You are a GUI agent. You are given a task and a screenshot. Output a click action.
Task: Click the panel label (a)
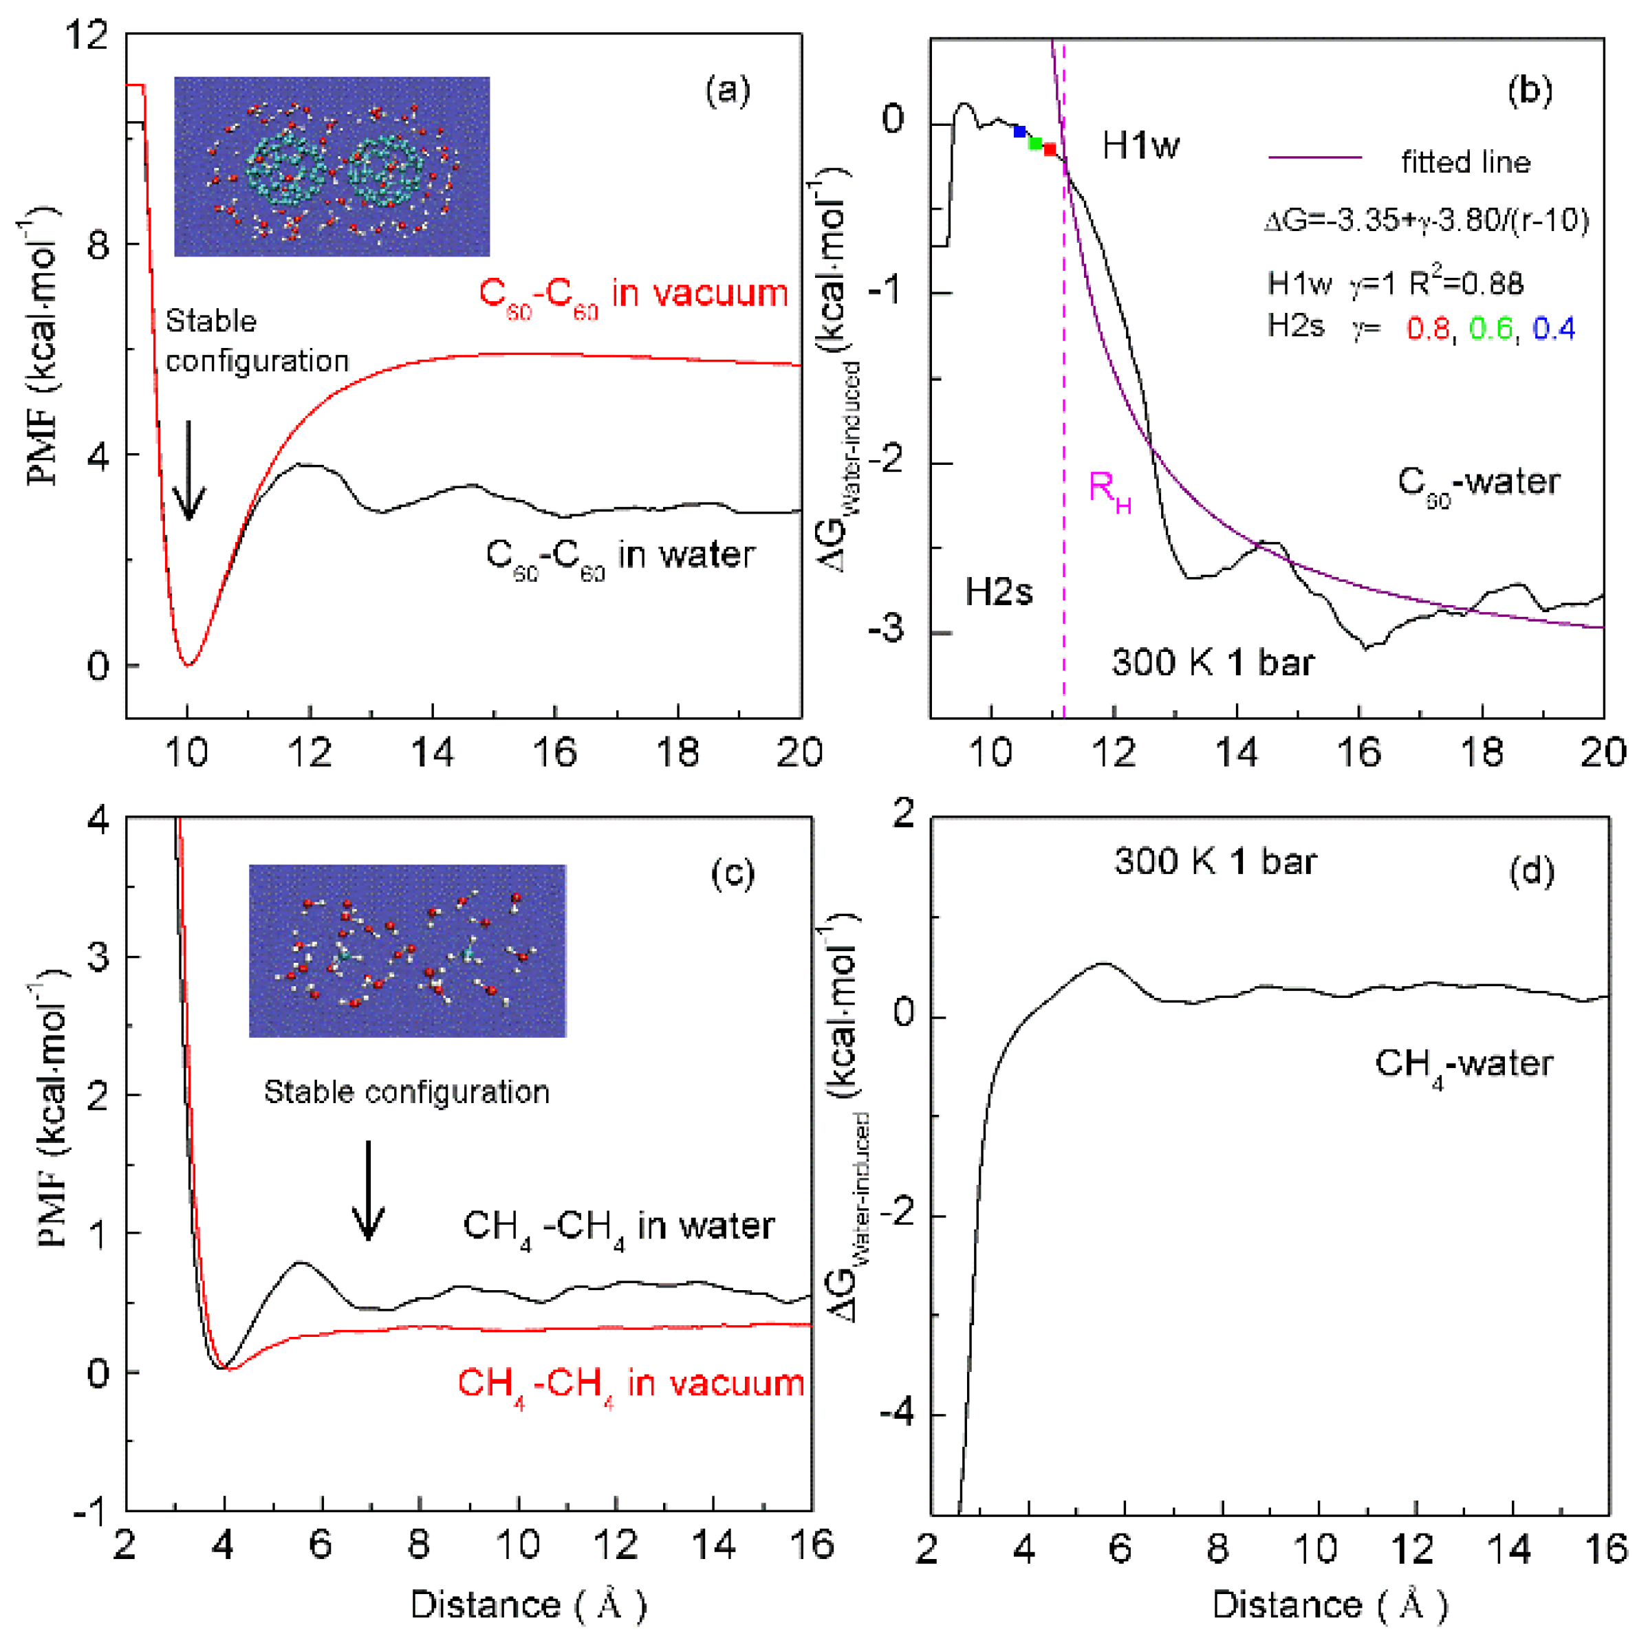727,90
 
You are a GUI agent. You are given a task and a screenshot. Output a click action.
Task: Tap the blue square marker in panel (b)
1019,131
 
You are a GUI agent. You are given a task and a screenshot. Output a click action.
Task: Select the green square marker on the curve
1034,142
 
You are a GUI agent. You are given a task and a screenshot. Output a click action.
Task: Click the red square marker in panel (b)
1050,149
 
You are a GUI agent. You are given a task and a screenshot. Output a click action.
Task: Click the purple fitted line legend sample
1314,157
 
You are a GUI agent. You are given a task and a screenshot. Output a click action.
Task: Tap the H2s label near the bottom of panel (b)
999,591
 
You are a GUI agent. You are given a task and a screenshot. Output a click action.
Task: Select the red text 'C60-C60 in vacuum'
633,295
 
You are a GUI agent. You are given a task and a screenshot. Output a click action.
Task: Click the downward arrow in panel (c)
369,1190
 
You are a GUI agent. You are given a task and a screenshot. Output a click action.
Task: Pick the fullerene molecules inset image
332,166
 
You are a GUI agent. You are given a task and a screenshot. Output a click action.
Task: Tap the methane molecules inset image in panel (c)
407,951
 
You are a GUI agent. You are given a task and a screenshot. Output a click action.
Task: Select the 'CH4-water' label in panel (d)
1463,1066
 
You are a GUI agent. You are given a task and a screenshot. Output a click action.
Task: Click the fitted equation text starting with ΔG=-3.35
1427,221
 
